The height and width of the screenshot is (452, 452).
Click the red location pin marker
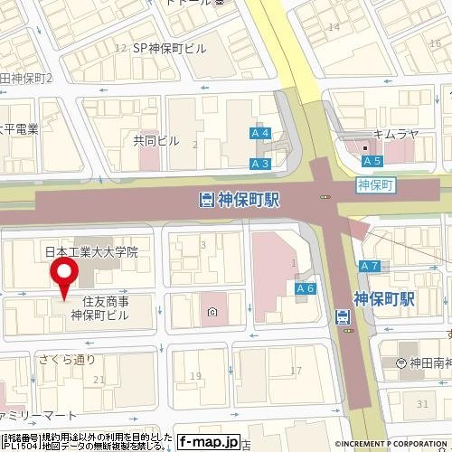64,276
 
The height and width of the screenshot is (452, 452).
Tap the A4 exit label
261,134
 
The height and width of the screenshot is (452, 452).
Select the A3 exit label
260,164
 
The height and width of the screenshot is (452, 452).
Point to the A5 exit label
370,161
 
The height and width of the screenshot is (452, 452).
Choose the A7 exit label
368,266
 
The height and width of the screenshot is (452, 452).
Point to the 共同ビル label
156,141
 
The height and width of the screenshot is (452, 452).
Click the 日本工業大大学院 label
91,253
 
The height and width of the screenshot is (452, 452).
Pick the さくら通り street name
66,359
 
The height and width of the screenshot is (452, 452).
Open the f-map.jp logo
209,442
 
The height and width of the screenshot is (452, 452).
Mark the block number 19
194,375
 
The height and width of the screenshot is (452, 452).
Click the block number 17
296,371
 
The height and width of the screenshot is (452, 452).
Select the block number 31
423,403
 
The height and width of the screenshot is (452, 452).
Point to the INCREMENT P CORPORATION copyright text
392,444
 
